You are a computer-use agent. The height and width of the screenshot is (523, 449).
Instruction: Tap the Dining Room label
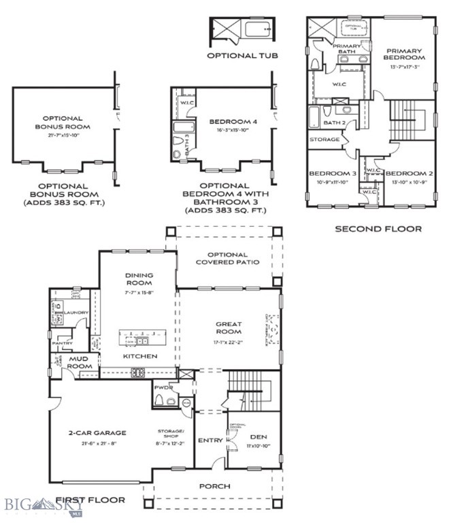138,279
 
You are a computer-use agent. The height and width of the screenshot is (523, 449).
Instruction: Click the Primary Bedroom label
405,54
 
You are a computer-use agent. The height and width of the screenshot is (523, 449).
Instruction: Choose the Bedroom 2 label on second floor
408,174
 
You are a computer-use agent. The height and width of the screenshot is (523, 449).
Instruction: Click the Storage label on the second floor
325,140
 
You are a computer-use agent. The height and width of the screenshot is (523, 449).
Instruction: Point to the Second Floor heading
378,229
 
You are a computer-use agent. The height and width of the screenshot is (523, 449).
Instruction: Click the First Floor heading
91,500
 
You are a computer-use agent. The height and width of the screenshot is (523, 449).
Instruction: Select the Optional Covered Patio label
227,259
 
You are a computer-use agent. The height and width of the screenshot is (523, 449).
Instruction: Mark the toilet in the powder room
160,400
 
